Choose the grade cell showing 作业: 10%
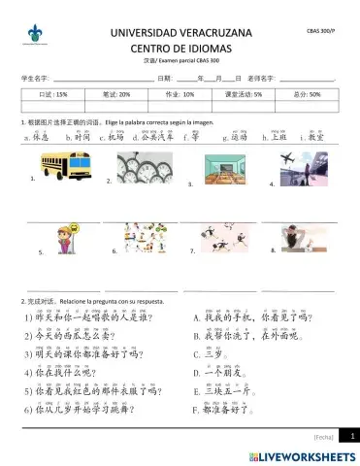pos(180,95)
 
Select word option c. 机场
pos(110,138)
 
